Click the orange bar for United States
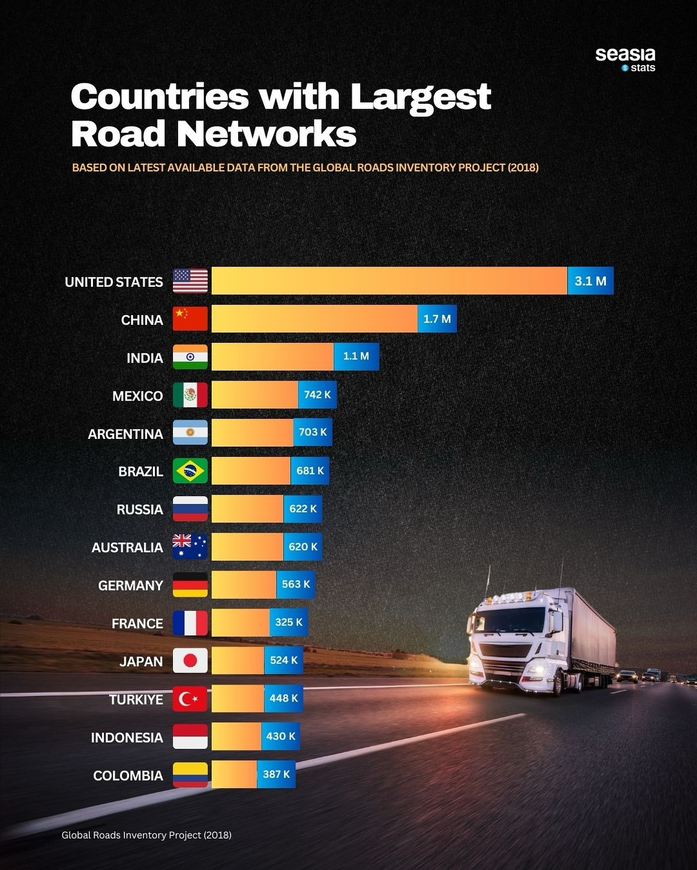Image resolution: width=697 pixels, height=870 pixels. (x=389, y=281)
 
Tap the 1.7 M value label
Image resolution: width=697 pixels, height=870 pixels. (x=437, y=319)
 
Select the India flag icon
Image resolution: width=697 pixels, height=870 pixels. (x=190, y=357)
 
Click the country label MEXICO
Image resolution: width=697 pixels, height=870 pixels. (x=137, y=396)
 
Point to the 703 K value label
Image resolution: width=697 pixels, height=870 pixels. (x=312, y=432)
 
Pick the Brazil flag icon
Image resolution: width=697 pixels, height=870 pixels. (x=190, y=471)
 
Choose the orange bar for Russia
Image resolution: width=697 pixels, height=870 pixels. (x=247, y=509)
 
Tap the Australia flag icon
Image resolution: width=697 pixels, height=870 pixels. (x=190, y=547)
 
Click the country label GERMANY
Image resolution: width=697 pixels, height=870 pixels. (x=130, y=585)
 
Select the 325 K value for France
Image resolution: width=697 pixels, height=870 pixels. (x=289, y=622)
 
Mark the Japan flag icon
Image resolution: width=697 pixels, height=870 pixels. (x=190, y=661)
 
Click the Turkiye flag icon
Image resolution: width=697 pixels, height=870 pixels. (x=190, y=699)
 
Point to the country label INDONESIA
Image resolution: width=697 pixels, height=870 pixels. (x=126, y=737)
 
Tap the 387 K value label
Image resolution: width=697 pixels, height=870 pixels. (x=276, y=774)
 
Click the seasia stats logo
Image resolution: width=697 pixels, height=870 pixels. (x=625, y=59)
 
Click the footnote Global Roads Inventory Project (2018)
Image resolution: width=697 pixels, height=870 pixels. (x=146, y=835)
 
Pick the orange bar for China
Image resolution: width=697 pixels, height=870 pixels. (x=314, y=319)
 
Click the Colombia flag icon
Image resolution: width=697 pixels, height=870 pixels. (x=190, y=775)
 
